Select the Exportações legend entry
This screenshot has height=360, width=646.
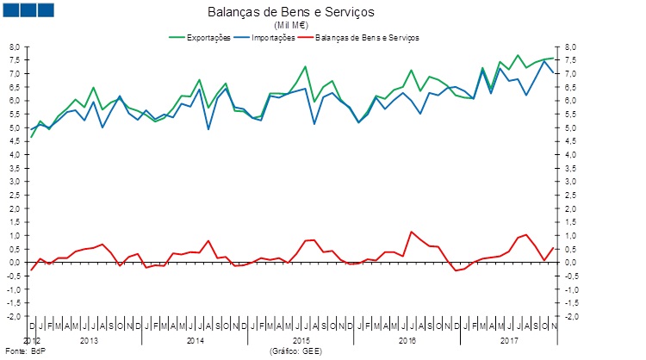203,38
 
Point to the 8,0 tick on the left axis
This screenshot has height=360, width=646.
14,47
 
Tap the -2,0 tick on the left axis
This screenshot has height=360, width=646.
12,317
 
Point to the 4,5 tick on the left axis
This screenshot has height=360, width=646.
14,141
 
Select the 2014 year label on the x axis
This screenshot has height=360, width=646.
195,341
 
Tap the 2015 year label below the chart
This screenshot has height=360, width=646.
301,341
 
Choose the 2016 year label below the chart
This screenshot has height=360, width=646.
408,341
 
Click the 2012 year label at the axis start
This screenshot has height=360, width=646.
31,341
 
